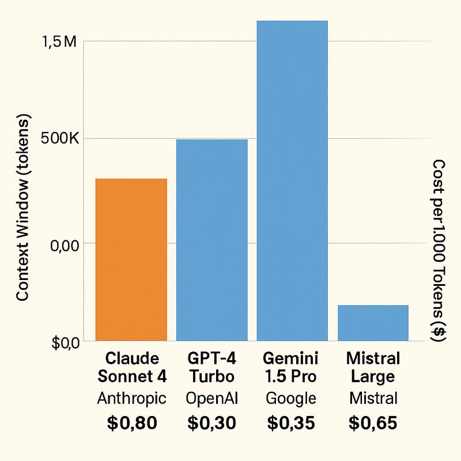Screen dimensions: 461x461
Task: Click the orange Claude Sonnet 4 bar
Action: point(131,259)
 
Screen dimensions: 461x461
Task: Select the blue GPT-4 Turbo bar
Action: point(211,240)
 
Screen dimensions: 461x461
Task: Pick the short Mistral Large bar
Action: point(373,323)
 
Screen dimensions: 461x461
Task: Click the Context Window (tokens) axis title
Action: point(22,207)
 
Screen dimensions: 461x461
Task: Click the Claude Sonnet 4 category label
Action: point(132,368)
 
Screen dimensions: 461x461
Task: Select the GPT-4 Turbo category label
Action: point(211,368)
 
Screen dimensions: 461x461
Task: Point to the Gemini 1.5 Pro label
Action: point(292,368)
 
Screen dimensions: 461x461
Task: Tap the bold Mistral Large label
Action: point(373,368)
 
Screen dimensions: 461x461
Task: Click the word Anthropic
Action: point(132,398)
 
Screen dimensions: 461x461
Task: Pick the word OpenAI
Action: point(211,398)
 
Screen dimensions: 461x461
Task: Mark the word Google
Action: point(292,398)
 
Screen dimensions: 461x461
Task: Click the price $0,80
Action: point(132,424)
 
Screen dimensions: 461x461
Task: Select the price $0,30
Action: point(211,424)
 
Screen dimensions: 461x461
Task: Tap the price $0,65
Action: point(373,424)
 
